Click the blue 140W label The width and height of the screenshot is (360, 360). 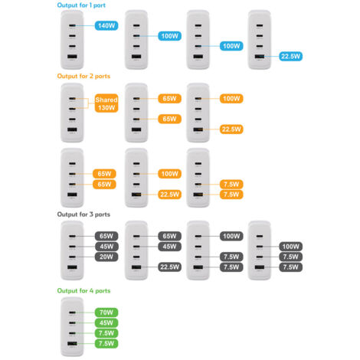point(106,25)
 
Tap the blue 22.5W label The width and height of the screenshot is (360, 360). point(291,56)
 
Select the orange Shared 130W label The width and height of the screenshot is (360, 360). point(106,103)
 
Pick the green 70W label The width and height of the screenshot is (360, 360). point(106,313)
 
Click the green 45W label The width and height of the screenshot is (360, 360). point(106,322)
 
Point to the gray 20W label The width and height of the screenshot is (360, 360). point(106,257)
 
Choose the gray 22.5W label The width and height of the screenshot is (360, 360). point(170,267)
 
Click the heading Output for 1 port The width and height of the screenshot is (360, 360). point(81,5)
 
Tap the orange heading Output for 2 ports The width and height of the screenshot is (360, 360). point(83,76)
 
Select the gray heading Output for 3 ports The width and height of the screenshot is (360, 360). point(83,214)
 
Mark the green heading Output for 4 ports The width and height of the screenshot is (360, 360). point(83,290)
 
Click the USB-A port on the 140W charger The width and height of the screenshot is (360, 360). point(72,57)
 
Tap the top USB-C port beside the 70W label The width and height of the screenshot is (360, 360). point(72,313)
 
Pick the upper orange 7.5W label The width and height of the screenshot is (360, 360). point(231,184)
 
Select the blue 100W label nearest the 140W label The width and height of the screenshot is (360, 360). point(170,36)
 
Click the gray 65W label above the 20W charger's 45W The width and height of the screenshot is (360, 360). point(106,236)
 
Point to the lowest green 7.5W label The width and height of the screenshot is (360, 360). point(106,343)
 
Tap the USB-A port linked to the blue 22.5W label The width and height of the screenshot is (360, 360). point(260,57)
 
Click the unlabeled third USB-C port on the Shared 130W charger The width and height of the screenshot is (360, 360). point(72,119)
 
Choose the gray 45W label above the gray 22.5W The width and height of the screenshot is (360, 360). point(170,247)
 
